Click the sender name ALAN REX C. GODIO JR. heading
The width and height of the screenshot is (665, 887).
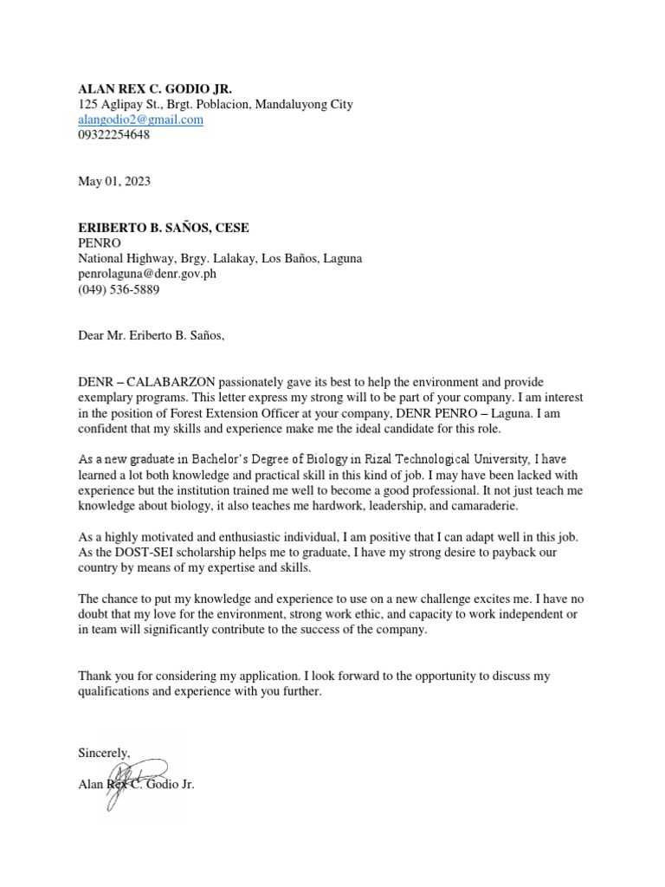click(155, 89)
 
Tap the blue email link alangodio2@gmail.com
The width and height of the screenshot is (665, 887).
click(140, 120)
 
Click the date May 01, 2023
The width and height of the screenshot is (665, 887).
click(114, 181)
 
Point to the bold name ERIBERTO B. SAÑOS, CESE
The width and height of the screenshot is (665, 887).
click(164, 228)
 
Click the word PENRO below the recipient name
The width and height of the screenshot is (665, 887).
click(99, 243)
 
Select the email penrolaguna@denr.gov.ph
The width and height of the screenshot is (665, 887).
click(147, 274)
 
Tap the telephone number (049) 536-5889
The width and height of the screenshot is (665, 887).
click(119, 289)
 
